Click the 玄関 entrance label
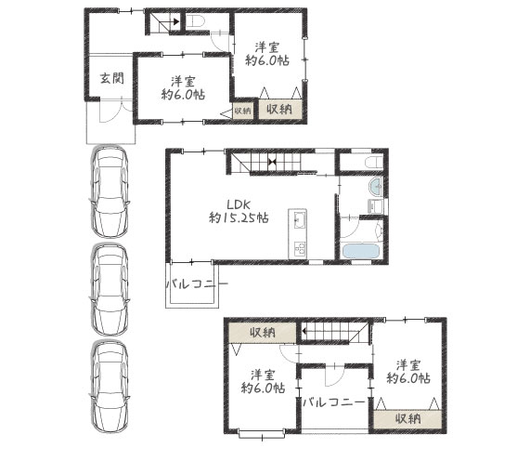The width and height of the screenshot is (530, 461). [112, 78]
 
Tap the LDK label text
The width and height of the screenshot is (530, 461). [239, 204]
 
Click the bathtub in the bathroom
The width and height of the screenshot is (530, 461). [360, 252]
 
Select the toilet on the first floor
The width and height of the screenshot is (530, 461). [195, 21]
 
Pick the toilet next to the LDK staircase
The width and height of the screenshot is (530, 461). [374, 162]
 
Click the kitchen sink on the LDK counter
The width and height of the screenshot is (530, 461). [298, 219]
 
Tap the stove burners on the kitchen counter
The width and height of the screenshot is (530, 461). [299, 249]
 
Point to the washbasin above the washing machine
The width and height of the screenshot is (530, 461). [376, 187]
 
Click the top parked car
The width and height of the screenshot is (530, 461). [110, 191]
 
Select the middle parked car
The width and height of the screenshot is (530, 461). [110, 290]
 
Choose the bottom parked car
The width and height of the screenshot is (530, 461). [110, 387]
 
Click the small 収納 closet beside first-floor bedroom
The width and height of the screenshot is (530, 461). [242, 111]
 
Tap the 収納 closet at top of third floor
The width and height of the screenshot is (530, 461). [263, 333]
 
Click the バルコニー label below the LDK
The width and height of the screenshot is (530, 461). [197, 283]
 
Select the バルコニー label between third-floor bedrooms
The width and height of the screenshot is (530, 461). [333, 402]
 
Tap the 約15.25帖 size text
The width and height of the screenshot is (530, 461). [239, 217]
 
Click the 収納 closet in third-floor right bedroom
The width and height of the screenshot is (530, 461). [407, 419]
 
